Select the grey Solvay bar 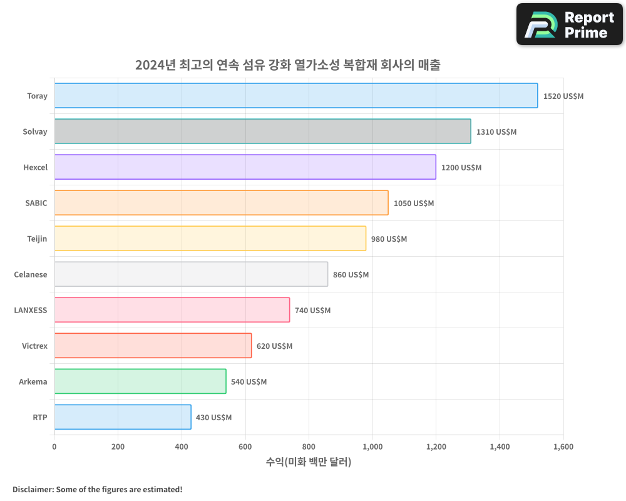tap(262, 132)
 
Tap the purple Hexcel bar tap(245, 167)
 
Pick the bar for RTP tap(123, 417)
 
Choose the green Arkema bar tap(140, 381)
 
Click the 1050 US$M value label tap(413, 204)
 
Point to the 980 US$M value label tap(389, 239)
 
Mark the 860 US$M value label tap(351, 275)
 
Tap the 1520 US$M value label tap(563, 96)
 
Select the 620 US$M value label tap(274, 346)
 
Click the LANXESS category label tap(31, 310)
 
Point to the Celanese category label tap(31, 274)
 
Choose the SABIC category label tap(36, 203)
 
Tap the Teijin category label tap(37, 239)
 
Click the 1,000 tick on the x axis tap(372, 447)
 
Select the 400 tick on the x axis tap(182, 447)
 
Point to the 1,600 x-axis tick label tap(563, 447)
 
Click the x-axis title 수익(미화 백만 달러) tap(309, 462)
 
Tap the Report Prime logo tap(569, 24)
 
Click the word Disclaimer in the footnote tap(32, 489)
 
